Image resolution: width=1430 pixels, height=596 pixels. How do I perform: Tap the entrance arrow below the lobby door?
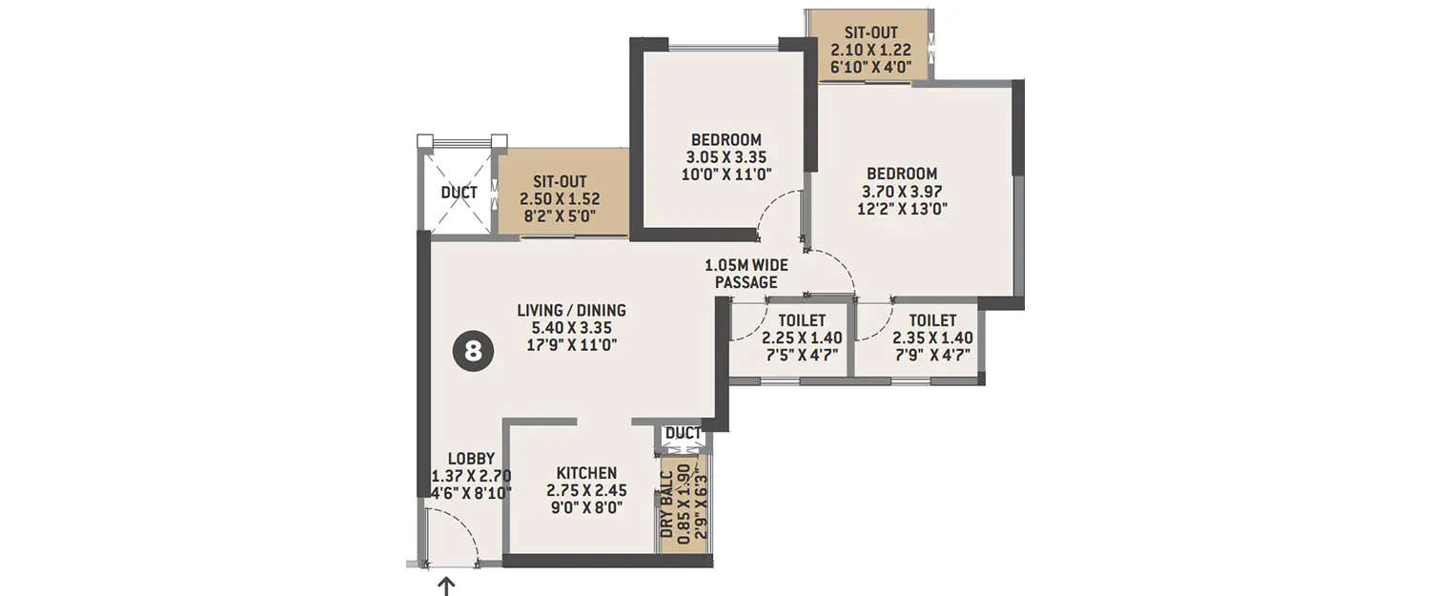(x=446, y=586)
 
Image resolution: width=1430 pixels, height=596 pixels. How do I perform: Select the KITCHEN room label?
(x=586, y=473)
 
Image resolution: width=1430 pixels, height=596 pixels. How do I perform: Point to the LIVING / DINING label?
(x=571, y=310)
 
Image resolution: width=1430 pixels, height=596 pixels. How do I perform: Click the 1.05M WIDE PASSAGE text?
(x=746, y=274)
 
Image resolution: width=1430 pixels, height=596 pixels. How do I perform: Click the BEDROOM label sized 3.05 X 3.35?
(x=726, y=140)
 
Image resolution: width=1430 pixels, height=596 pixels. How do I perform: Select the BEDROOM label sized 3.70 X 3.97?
(x=901, y=174)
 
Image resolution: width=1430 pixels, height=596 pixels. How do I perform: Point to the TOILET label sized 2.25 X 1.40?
(x=801, y=320)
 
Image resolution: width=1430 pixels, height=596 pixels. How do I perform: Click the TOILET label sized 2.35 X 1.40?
(x=931, y=320)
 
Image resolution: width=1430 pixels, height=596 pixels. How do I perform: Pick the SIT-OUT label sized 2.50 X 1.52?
(x=559, y=181)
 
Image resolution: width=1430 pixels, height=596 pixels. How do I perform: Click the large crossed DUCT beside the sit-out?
(x=459, y=193)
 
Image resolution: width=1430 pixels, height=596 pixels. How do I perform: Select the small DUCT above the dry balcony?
(x=683, y=434)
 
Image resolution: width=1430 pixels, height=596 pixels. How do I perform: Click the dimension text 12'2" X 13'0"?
(x=901, y=208)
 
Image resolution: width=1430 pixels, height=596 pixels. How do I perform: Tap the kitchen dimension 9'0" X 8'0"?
(x=586, y=508)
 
